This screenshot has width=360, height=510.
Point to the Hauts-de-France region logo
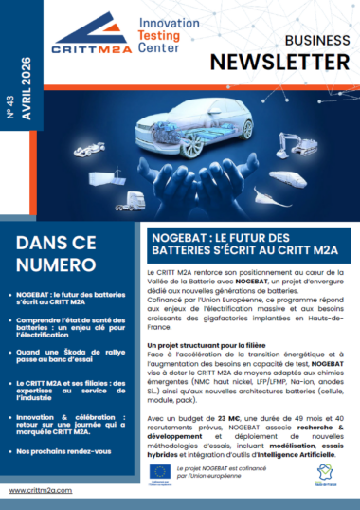tap(327, 471)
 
